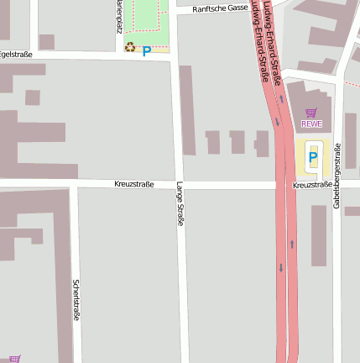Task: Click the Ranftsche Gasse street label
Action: pyautogui.click(x=219, y=8)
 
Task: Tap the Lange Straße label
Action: pyautogui.click(x=180, y=204)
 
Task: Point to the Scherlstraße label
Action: pyautogui.click(x=76, y=300)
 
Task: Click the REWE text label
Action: pyautogui.click(x=311, y=124)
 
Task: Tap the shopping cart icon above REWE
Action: pyautogui.click(x=311, y=113)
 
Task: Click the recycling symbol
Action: pyautogui.click(x=130, y=48)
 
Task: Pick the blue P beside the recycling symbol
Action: pyautogui.click(x=146, y=51)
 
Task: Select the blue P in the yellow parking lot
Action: pyautogui.click(x=313, y=158)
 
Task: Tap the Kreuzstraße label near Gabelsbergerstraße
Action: pyautogui.click(x=312, y=185)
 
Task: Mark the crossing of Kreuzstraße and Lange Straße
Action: pyautogui.click(x=178, y=184)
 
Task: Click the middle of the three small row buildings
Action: pyautogui.click(x=237, y=142)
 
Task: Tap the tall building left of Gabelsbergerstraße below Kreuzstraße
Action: pyautogui.click(x=319, y=235)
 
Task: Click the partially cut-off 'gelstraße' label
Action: pyautogui.click(x=16, y=55)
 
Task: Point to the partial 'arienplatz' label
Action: pyautogui.click(x=119, y=15)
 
